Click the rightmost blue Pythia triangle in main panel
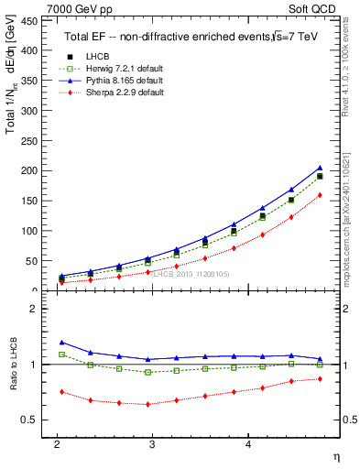coord(320,168)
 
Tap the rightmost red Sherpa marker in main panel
coord(320,195)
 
